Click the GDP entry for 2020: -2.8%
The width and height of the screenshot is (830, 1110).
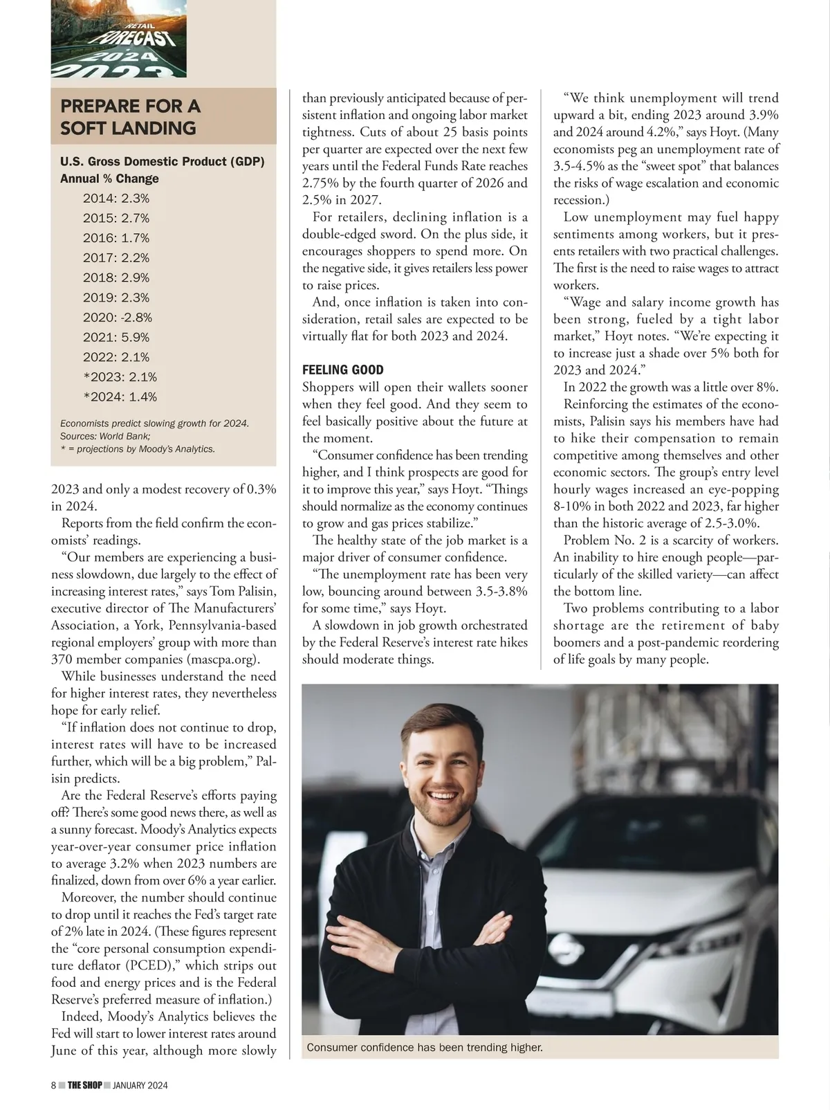[117, 318]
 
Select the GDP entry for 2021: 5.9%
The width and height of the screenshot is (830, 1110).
[116, 338]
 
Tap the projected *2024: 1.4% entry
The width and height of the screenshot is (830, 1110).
[120, 397]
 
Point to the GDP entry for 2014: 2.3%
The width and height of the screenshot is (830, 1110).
[116, 199]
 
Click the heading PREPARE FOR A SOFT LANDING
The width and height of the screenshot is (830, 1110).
[130, 117]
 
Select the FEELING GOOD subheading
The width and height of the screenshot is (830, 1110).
[342, 370]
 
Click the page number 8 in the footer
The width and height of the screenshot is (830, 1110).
[53, 1085]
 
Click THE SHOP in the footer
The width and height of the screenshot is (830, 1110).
[84, 1085]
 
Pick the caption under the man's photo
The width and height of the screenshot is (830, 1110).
[424, 1048]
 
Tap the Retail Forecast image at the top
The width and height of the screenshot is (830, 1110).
[118, 38]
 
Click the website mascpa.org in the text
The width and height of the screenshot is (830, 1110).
[222, 659]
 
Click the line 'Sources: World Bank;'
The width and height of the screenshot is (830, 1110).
[105, 436]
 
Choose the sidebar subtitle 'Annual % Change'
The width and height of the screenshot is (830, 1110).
[109, 179]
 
